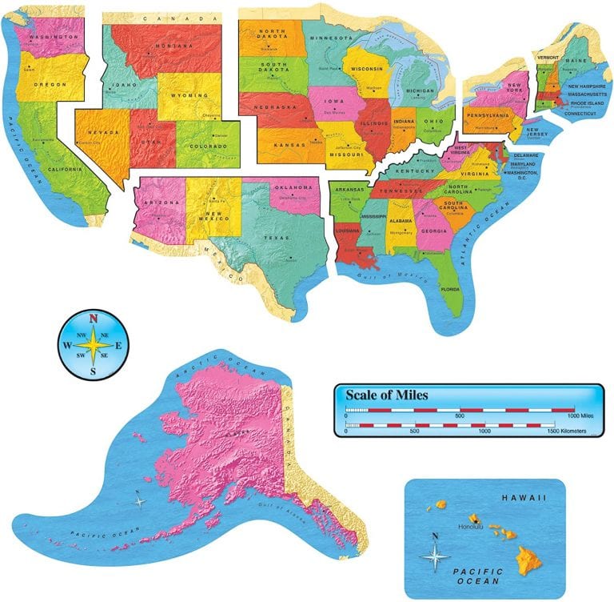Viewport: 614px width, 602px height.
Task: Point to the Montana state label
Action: pyautogui.click(x=173, y=46)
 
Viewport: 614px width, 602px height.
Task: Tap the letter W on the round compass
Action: pyautogui.click(x=67, y=346)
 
